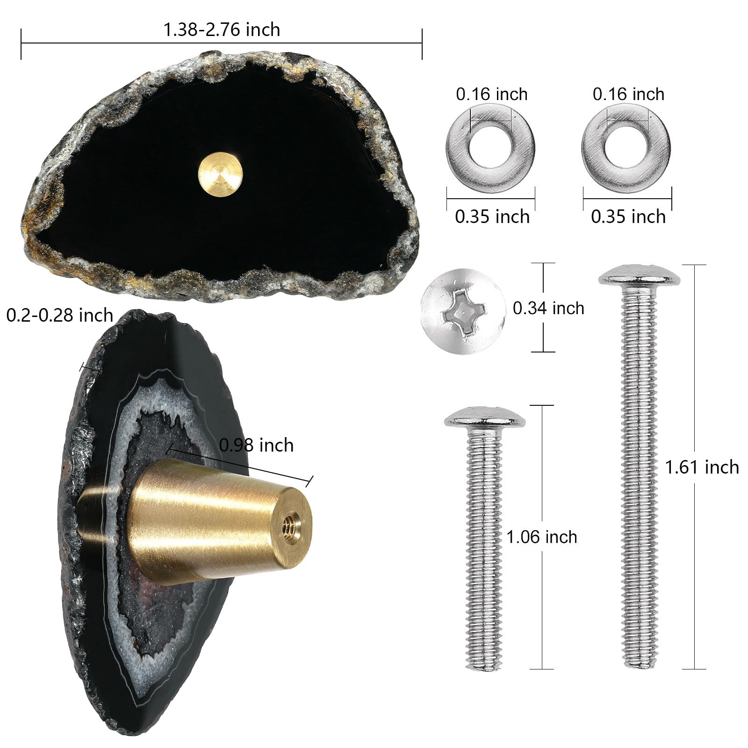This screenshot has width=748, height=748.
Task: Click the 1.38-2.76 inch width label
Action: pyautogui.click(x=222, y=29)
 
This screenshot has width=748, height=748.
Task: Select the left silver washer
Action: pyautogui.click(x=490, y=148)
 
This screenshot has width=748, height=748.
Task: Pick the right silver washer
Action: pyautogui.click(x=626, y=148)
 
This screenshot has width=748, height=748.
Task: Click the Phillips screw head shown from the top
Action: pyautogui.click(x=463, y=311)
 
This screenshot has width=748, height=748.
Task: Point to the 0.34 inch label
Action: pyautogui.click(x=548, y=308)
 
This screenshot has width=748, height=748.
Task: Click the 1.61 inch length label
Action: pyautogui.click(x=702, y=467)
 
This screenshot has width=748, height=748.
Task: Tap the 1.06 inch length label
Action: pyautogui.click(x=542, y=537)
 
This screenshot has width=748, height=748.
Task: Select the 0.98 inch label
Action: pyautogui.click(x=256, y=445)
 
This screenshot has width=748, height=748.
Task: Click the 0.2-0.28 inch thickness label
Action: pyautogui.click(x=60, y=315)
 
